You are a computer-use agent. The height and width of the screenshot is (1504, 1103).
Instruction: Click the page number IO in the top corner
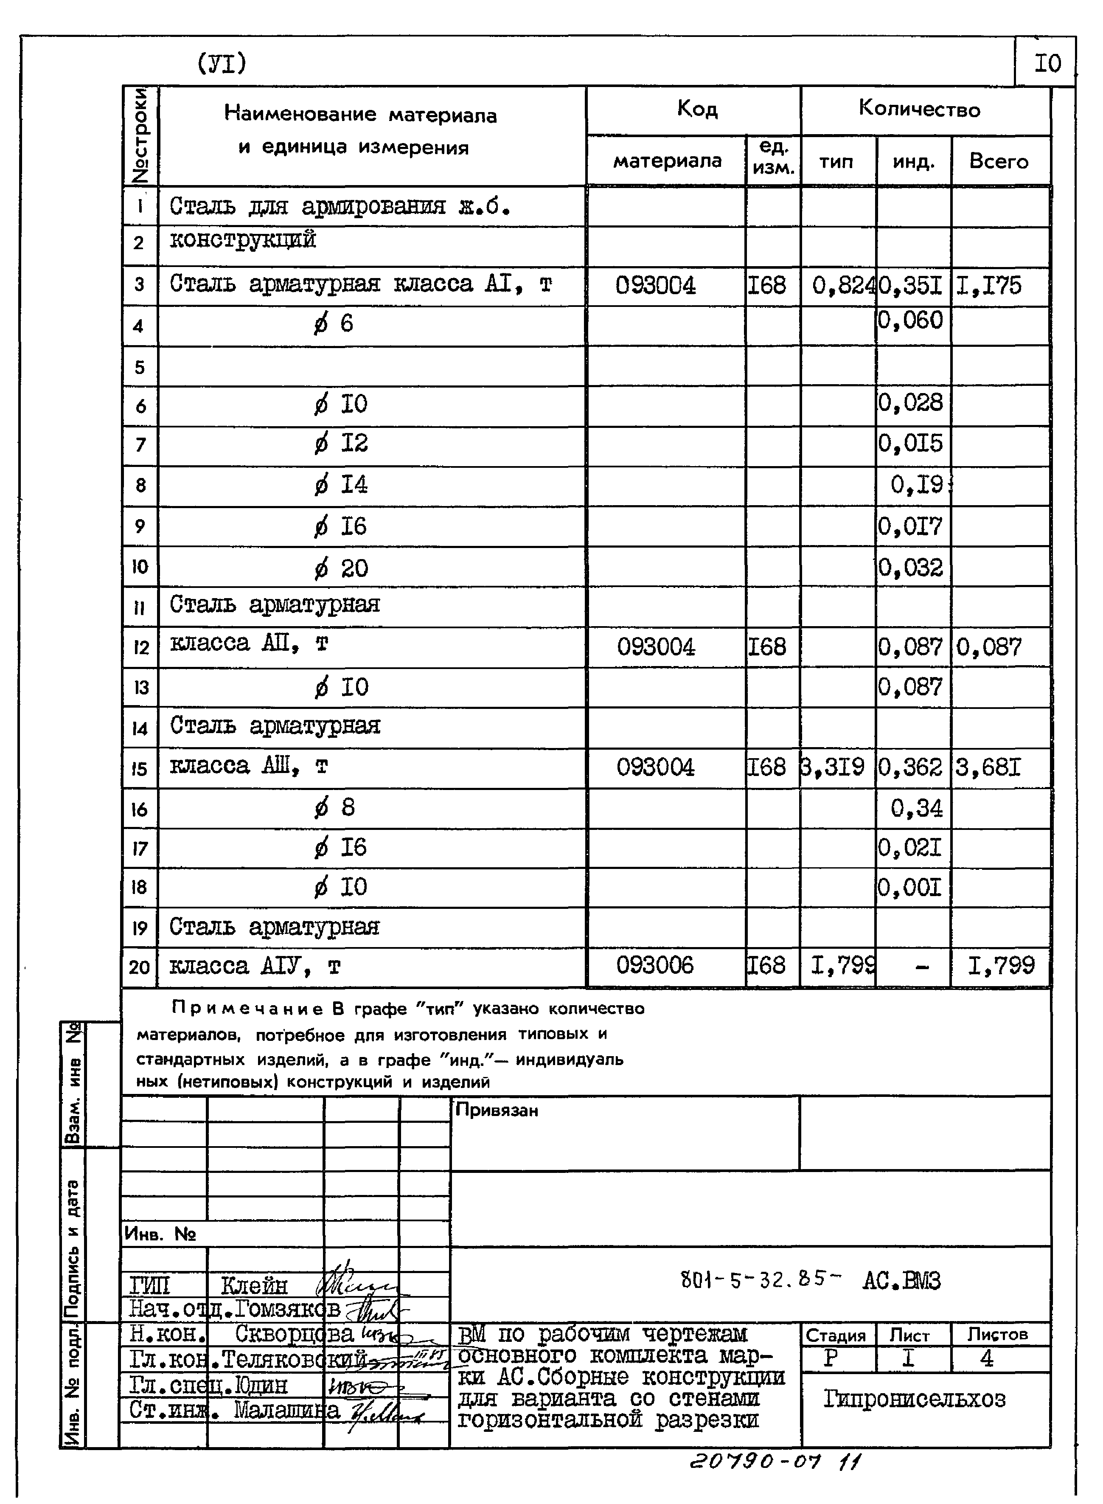tap(1047, 64)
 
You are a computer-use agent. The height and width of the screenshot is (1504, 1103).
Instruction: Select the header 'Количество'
tap(919, 109)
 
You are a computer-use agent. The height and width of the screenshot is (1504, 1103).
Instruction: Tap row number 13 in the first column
tap(140, 687)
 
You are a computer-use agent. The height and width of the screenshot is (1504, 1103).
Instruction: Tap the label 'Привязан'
tap(496, 1110)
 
